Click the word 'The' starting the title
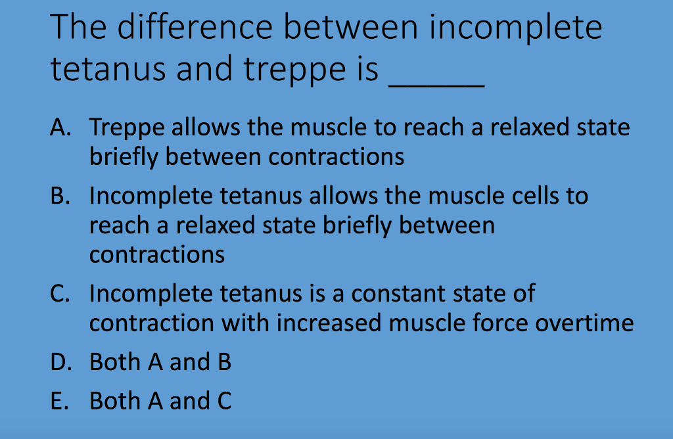coord(74,28)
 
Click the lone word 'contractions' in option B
coord(157,254)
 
